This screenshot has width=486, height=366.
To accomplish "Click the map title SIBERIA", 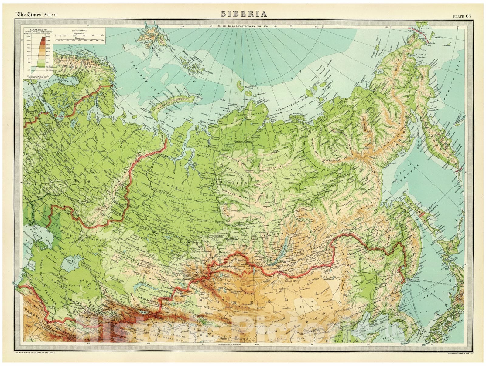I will coord(244,14).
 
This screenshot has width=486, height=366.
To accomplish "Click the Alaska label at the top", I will coord(422,22).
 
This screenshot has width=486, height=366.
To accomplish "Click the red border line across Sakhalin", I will coord(423,214).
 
